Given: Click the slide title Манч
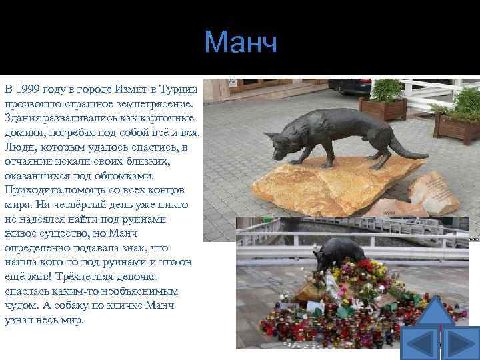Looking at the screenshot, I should coord(240,43).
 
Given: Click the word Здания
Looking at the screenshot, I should coord(23,118).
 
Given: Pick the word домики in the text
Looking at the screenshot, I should coord(25,133).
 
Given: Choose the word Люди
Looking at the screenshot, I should coord(19,147).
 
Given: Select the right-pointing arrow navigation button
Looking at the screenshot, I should coord(460,343).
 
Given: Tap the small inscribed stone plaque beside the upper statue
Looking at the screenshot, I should coord(433,193).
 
